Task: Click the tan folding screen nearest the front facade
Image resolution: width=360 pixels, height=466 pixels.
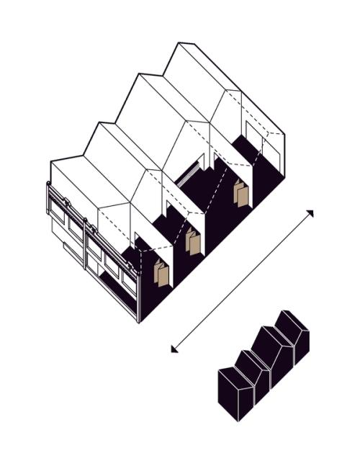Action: (162, 274)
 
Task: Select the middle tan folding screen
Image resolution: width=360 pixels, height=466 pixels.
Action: (193, 242)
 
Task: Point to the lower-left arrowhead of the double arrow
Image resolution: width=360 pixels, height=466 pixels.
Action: (174, 349)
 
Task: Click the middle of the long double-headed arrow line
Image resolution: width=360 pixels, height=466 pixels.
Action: (242, 281)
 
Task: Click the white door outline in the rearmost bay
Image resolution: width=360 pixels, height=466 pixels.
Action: (253, 140)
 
